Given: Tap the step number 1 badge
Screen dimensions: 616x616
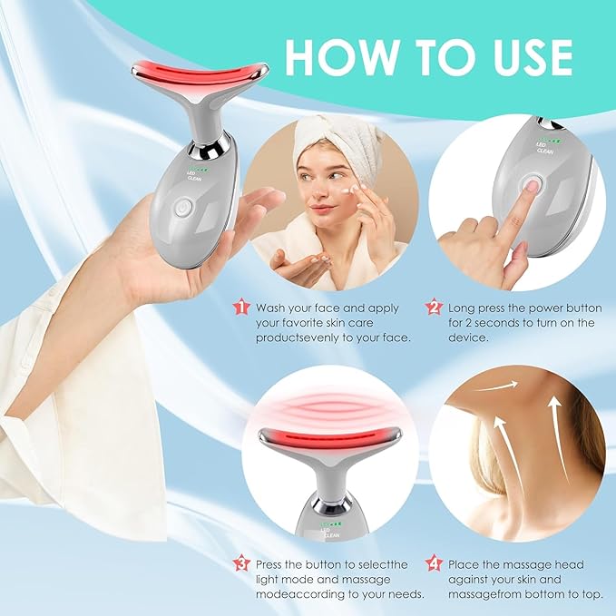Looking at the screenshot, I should pos(240,308).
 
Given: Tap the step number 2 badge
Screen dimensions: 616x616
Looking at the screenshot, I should pos(434,308).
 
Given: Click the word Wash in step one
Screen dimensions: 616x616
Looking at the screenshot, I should pos(272,308).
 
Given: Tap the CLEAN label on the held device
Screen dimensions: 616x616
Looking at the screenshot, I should pos(194,179).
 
